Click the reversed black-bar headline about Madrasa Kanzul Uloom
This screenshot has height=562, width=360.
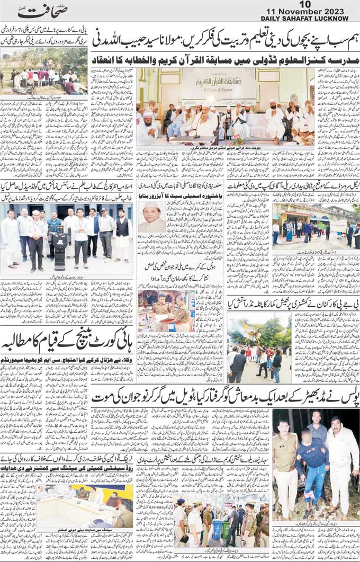[x=224, y=59]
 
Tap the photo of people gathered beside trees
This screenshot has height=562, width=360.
[x=44, y=72]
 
